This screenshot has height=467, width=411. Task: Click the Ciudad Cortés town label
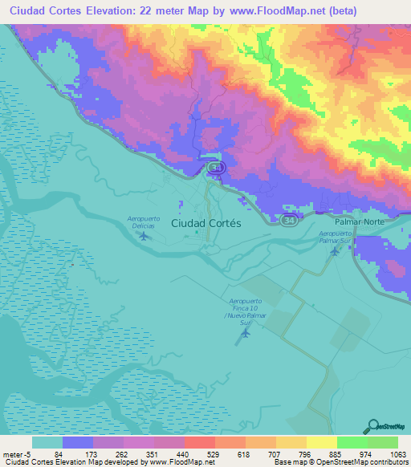tap(206, 224)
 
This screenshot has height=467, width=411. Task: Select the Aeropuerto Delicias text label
tap(144, 222)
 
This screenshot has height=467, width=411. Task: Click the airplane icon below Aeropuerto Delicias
tap(144, 236)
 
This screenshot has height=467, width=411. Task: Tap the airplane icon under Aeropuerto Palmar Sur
tap(335, 251)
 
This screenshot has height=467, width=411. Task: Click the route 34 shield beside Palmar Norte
tap(287, 218)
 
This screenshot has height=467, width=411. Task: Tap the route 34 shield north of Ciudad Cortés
tap(215, 167)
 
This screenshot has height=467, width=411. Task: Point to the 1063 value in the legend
tap(387, 454)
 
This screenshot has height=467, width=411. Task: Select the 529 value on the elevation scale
tap(210, 454)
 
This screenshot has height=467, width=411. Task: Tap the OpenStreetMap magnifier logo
tap(372, 425)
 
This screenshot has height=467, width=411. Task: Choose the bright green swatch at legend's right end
tap(382, 442)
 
